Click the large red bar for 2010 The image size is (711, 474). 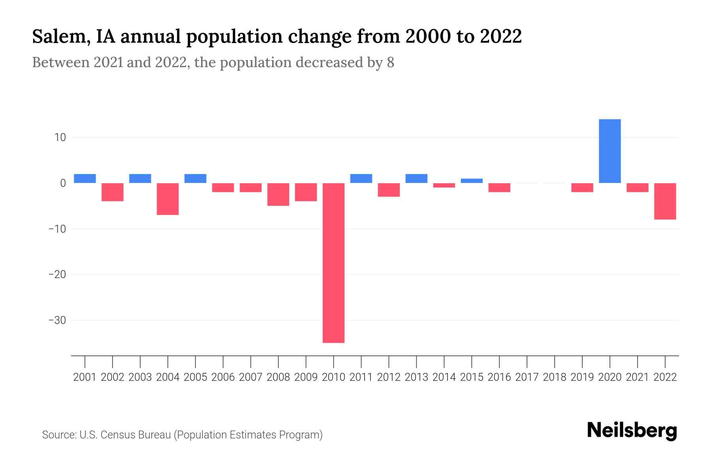tap(333, 263)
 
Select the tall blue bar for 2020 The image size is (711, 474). tap(609, 151)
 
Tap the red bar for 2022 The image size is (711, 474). tap(665, 201)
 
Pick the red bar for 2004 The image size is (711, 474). tap(168, 199)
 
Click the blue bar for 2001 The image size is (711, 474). tap(85, 179)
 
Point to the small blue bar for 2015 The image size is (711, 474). tap(472, 181)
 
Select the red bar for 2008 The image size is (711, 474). tap(278, 194)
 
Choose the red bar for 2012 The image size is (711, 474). tap(389, 190)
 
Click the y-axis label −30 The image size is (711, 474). tap(57, 320)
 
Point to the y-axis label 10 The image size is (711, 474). tap(60, 137)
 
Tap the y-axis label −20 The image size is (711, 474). tap(57, 275)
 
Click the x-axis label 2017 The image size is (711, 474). tap(527, 377)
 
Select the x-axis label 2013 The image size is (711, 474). tap(416, 377)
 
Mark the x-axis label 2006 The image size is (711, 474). tap(223, 377)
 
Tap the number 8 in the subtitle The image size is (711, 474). tap(390, 62)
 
